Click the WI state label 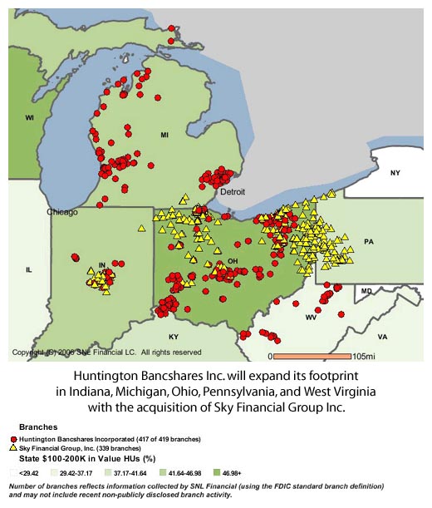coord(28,118)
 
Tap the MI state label coord(164,134)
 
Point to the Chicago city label coord(62,212)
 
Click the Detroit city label coord(233,191)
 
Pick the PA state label coord(369,241)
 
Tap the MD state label coord(366,291)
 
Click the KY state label coord(174,337)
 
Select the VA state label coord(382,337)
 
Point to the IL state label coord(28,270)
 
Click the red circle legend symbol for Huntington coord(13,438)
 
